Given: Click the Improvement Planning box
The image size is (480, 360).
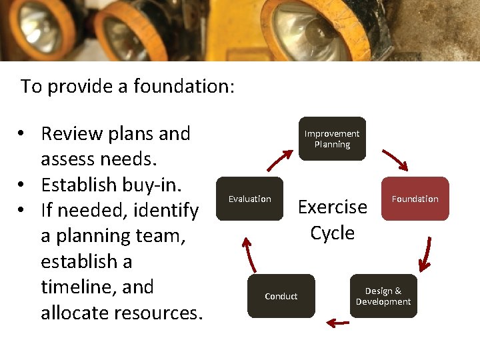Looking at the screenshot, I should click(332, 139).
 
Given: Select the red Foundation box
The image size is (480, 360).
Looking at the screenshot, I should click(415, 199).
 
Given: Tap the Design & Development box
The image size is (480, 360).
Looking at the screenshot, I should click(383, 296).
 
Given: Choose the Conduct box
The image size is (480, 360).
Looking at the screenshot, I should click(281, 296).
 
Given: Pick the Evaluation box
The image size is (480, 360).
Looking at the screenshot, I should click(250, 199).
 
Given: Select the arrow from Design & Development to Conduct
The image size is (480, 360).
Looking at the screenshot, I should click(338, 323).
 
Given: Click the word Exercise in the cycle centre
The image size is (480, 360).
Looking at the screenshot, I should click(332, 207).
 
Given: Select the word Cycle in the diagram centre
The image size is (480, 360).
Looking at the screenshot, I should click(332, 233).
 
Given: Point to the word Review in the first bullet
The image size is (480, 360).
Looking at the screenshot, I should click(69, 134).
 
